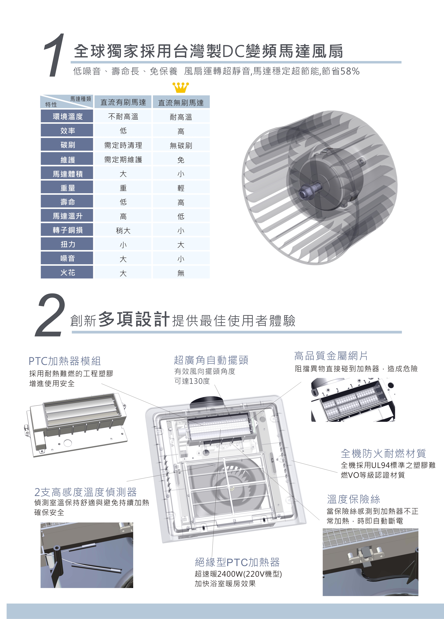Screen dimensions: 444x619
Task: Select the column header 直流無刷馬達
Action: (181, 103)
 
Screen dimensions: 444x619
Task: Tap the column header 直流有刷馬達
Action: (123, 102)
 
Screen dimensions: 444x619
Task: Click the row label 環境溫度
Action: (68, 116)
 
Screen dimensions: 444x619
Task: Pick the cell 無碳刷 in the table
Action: (181, 145)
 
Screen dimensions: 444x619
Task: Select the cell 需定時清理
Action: (123, 145)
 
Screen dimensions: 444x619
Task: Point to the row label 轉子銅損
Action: (68, 230)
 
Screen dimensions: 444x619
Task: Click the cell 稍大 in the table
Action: (123, 231)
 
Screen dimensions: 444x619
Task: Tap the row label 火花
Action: (68, 272)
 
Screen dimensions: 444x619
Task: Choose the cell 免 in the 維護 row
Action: (181, 160)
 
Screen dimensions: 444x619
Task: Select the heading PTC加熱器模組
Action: (65, 361)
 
